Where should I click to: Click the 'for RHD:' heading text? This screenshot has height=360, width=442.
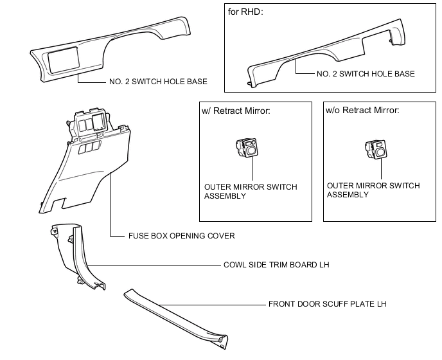coord(245,12)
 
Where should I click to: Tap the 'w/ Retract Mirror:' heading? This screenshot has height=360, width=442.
coord(236,111)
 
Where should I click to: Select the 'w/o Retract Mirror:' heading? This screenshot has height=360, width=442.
coord(362,110)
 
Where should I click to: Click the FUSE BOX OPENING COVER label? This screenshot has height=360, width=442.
coord(182,236)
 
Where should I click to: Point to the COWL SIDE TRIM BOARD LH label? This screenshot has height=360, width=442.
coord(276,265)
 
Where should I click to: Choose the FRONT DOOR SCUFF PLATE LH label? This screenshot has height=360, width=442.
coord(327,304)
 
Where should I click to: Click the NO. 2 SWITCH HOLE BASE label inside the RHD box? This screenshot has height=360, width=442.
coord(366,74)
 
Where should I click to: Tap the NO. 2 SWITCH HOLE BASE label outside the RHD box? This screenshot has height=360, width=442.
coord(158,82)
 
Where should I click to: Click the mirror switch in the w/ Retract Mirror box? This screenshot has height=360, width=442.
coord(247,147)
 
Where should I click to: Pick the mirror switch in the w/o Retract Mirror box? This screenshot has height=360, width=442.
coord(376,149)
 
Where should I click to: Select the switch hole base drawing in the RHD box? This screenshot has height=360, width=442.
coord(327,53)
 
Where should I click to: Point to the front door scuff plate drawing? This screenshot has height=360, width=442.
coord(176,318)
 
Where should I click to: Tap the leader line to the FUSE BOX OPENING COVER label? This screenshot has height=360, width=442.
coord(110,204)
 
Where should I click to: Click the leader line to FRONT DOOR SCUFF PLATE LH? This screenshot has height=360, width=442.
coord(213,305)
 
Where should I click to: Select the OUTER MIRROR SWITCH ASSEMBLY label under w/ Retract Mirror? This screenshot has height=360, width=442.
coord(251,192)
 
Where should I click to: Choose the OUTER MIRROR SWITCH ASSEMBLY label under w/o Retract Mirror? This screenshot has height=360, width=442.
coord(373,190)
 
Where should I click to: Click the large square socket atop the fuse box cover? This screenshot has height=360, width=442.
coord(98,122)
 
